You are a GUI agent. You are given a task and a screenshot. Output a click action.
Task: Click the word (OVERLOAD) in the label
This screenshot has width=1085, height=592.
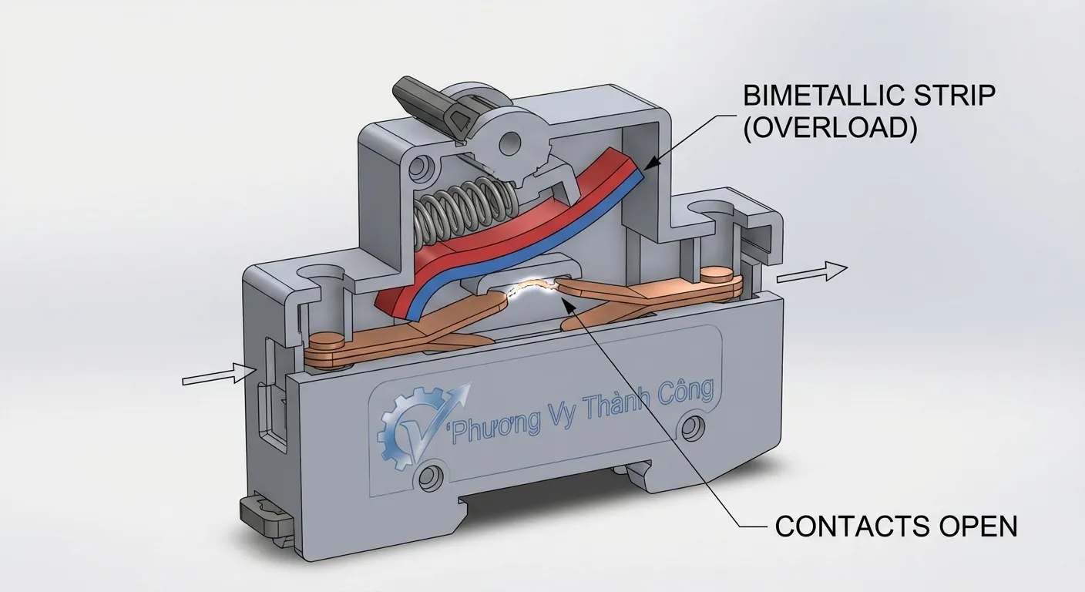coord(830,128)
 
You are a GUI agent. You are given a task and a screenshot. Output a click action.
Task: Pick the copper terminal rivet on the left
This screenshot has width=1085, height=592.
coord(330,340)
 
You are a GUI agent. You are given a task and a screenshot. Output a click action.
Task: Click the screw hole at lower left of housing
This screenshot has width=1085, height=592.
coord(432,473)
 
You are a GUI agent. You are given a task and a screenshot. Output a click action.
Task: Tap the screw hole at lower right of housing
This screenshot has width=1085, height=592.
coord(692,425)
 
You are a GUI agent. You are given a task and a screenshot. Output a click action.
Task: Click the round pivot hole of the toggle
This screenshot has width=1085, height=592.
coord(509,142)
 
